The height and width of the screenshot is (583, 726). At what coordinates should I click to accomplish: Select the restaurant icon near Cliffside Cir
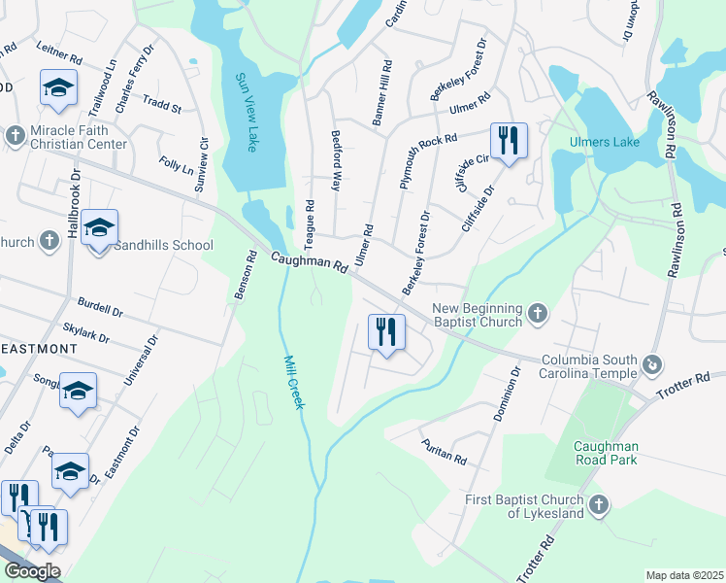pyautogui.click(x=509, y=141)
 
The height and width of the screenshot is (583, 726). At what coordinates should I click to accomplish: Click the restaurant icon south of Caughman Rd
pyautogui.click(x=386, y=332)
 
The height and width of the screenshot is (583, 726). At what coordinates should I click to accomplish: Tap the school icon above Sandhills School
pyautogui.click(x=99, y=228)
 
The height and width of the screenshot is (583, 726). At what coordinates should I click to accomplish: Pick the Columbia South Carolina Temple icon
pyautogui.click(x=651, y=365)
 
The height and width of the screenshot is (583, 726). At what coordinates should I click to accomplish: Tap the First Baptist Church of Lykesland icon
pyautogui.click(x=599, y=504)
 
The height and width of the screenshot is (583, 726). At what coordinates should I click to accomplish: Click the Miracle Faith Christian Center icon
pyautogui.click(x=15, y=135)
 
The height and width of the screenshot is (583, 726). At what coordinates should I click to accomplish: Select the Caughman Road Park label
pyautogui.click(x=606, y=452)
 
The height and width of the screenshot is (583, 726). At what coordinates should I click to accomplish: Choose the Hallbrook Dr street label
pyautogui.click(x=74, y=194)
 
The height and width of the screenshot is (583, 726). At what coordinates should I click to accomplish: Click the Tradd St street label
pyautogui.click(x=162, y=104)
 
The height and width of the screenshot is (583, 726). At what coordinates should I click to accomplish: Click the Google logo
pyautogui.click(x=32, y=570)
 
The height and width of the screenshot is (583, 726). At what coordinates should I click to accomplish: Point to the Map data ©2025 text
pyautogui.click(x=684, y=575)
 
